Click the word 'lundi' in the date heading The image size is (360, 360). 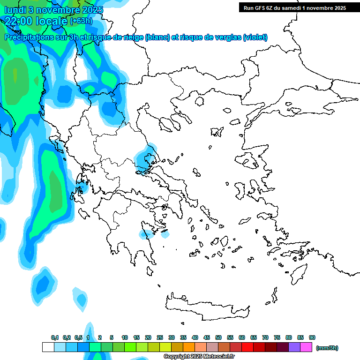click(15, 10)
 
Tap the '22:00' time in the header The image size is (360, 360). click(19, 21)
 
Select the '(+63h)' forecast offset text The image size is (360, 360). click(81, 21)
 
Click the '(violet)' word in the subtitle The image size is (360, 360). click(255, 37)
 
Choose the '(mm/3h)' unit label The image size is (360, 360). click(327, 348)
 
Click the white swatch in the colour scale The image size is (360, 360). click(48, 347)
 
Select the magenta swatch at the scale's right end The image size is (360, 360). click(306, 347)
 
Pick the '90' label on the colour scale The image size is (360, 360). click(312, 337)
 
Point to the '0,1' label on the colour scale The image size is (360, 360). click(55, 337)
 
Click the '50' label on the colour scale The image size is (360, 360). click(218, 337)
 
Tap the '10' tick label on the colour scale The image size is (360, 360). click(125, 337)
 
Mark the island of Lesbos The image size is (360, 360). click(249, 162)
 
